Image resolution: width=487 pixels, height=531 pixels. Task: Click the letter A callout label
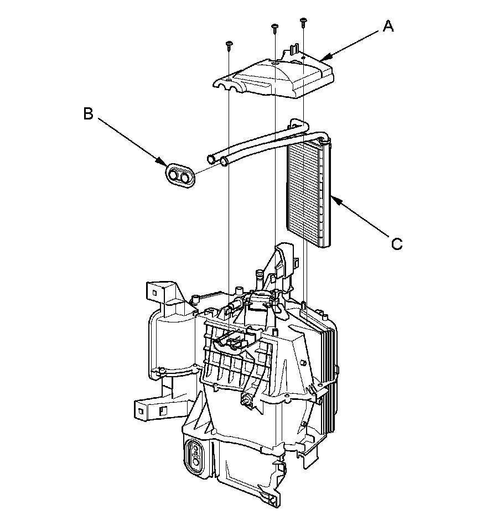(388, 26)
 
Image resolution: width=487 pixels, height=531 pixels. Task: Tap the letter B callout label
(88, 113)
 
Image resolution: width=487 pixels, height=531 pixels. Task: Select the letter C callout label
(396, 243)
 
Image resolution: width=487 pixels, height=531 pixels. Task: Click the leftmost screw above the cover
(228, 45)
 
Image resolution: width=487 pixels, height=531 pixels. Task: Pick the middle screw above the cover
(274, 28)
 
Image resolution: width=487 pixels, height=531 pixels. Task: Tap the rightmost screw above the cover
(303, 22)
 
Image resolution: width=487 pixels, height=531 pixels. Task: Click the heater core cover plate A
(277, 77)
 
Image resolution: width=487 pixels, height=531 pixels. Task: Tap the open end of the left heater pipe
(211, 160)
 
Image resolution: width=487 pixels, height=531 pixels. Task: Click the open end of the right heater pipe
(224, 162)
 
